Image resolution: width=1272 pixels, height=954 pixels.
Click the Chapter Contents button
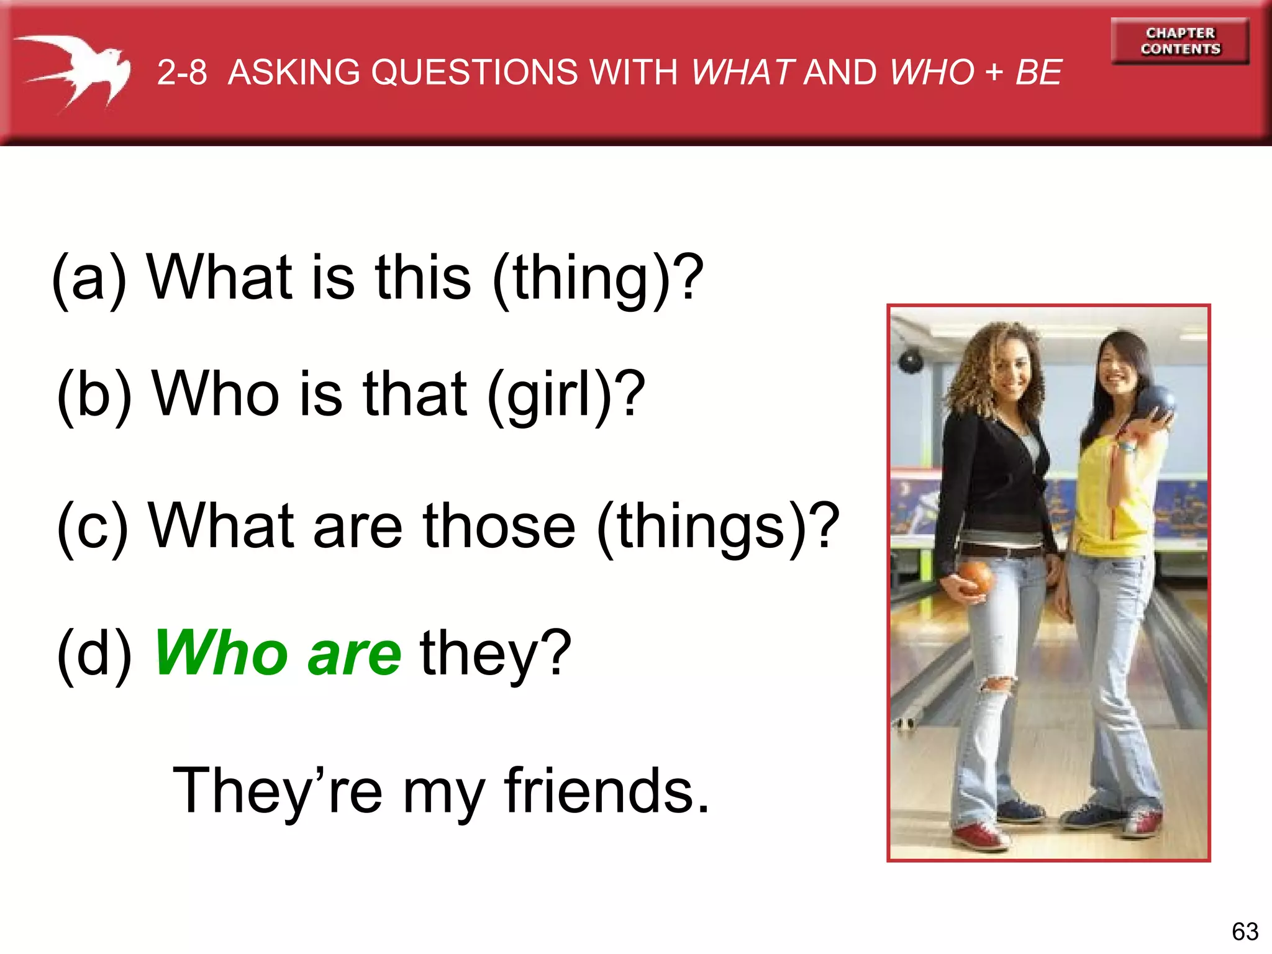click(x=1179, y=41)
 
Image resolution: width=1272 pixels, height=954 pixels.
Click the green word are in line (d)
click(x=355, y=655)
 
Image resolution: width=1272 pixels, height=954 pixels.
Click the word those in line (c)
click(x=499, y=527)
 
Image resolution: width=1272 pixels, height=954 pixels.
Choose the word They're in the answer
click(x=277, y=791)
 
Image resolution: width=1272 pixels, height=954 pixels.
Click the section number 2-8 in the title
click(x=181, y=73)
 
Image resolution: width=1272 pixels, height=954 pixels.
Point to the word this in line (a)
click(x=423, y=278)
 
